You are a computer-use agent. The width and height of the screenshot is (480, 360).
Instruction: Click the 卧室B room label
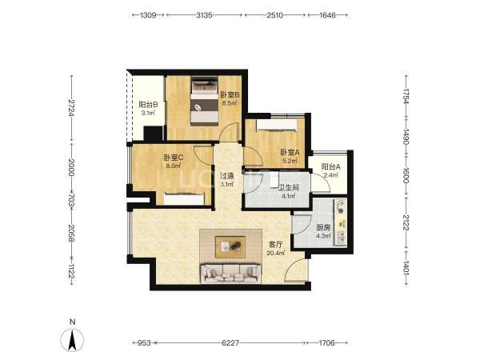230,95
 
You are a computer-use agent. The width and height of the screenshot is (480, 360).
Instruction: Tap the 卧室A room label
290,153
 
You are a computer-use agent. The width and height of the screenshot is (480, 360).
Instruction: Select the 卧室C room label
174,158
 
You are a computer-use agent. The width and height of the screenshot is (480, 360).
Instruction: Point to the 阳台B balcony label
148,105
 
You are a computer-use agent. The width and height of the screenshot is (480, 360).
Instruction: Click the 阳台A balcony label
330,167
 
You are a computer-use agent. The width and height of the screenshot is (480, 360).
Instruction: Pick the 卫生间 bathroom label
288,187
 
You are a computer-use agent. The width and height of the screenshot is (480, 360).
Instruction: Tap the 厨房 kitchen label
323,228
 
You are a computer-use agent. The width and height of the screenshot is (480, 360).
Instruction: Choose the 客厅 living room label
275,245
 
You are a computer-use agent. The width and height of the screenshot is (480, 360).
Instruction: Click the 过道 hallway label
227,176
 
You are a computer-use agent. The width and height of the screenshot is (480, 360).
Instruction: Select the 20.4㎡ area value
275,253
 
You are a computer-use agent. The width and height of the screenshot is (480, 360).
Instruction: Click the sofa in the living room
231,273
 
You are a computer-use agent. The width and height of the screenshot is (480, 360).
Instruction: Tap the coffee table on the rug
230,246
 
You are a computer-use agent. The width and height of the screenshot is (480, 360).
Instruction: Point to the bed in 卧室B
205,102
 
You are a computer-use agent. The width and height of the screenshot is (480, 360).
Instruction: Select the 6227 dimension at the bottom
230,343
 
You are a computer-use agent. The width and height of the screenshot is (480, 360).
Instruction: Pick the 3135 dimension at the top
204,15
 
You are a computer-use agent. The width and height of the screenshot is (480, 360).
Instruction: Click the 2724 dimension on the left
72,108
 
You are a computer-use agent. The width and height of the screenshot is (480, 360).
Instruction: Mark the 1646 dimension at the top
327,15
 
